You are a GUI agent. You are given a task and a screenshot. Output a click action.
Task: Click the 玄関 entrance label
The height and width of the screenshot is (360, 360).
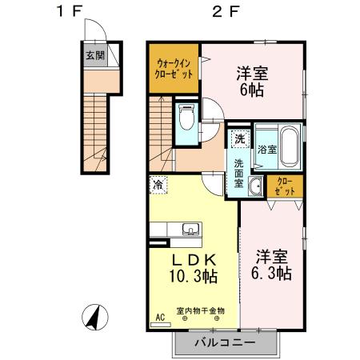coord(95,56)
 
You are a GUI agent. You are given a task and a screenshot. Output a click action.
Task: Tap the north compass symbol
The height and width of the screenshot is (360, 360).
coord(95,318)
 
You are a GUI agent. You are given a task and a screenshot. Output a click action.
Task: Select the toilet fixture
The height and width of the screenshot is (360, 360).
coord(186,117)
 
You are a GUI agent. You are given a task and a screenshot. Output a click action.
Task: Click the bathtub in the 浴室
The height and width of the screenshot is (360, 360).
coord(290,146)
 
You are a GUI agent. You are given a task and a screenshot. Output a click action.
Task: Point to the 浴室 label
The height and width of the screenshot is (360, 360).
coord(267,150)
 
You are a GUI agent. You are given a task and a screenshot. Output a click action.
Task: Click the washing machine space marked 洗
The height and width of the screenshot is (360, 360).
coord(240,138)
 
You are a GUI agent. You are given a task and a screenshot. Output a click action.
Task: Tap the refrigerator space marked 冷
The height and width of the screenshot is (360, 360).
coord(158,185)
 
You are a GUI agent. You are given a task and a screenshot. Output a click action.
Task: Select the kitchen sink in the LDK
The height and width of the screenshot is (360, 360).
coord(190,229)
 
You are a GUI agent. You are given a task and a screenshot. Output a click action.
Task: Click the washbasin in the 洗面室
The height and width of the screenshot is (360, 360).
coord(256,186)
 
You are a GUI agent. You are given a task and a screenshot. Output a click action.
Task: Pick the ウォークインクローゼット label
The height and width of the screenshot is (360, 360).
coord(174,69)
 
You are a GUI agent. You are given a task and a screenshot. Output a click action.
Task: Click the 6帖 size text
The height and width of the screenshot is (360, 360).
coord(252,90)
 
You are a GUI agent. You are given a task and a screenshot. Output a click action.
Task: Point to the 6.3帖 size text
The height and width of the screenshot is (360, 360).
coord(271,273)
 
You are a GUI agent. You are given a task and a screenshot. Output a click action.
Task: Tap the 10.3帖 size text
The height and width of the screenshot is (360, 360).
coord(194,276)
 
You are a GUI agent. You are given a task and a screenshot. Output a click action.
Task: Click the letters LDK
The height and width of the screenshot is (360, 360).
coord(194,259)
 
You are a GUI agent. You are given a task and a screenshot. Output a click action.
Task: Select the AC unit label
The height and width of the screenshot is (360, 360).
coord(160,318)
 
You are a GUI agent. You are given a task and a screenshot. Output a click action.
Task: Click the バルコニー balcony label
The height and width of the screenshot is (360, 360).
coord(226,342)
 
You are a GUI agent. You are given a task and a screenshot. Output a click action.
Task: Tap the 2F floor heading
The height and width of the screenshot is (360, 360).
coord(226,11)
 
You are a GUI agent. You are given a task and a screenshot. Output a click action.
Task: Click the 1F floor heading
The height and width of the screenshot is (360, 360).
coord(69,11)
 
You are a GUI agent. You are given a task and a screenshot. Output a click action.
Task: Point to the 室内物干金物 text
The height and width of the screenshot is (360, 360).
coord(201,310)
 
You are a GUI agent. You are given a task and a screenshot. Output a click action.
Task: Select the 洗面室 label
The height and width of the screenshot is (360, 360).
coord(238,174)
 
